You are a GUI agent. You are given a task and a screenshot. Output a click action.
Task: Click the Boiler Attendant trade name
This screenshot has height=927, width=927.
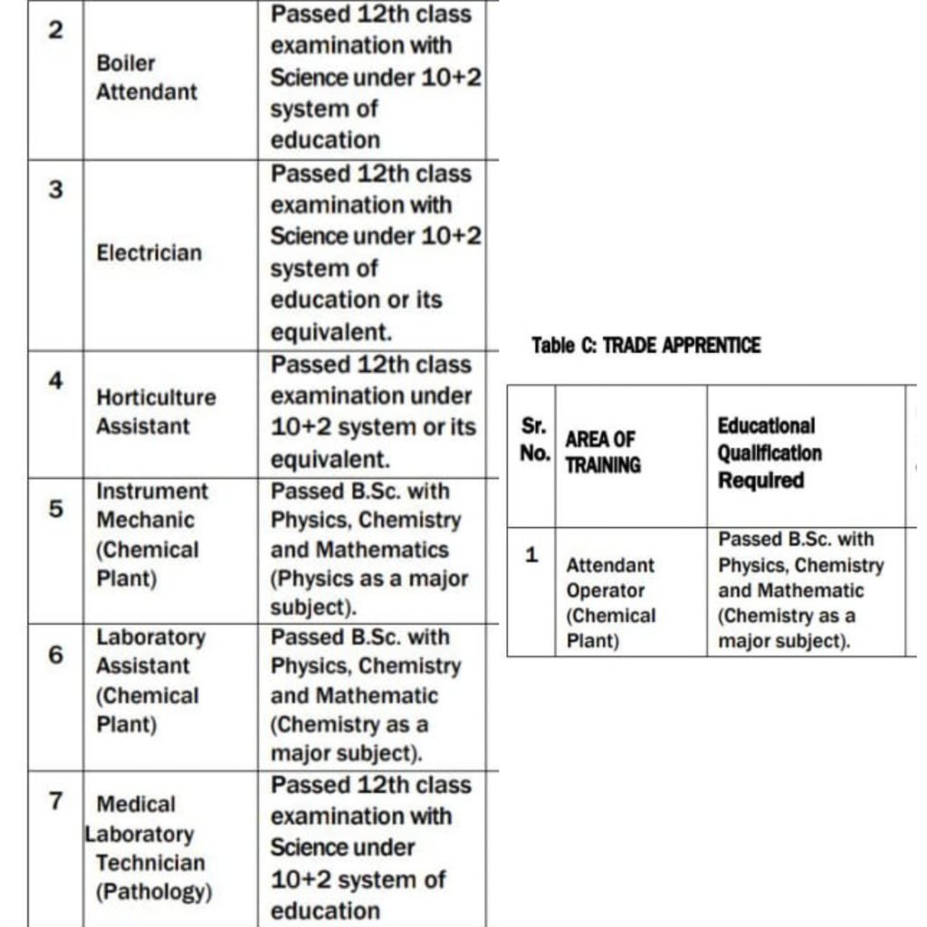[146, 78]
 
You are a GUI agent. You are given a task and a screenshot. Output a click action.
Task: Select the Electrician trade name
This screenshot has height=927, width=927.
[149, 253]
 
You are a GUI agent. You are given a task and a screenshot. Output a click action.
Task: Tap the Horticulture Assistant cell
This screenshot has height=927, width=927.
[156, 412]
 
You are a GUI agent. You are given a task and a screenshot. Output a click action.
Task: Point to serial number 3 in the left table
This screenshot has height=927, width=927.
[55, 191]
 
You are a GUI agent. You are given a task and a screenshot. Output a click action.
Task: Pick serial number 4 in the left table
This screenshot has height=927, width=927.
[55, 381]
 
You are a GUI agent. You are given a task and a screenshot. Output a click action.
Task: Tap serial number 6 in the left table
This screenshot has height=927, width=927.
[55, 655]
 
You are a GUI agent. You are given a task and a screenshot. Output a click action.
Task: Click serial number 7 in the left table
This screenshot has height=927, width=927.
[55, 801]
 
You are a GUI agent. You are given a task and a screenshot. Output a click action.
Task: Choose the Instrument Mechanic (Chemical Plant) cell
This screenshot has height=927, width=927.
[151, 535]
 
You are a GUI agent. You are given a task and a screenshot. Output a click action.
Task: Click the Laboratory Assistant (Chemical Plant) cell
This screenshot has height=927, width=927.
[151, 681]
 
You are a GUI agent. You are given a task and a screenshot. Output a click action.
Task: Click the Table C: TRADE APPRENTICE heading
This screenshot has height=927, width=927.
[645, 346]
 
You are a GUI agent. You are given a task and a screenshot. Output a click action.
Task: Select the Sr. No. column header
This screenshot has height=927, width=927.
[532, 439]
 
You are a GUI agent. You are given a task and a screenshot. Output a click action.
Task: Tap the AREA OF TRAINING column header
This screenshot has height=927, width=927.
[603, 452]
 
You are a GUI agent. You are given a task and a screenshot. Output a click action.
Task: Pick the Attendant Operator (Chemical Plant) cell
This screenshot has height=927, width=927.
[611, 603]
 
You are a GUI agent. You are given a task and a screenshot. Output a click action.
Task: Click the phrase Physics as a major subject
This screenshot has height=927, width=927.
[368, 591]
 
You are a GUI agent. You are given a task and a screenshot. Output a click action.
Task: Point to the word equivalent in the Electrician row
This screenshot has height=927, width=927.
[331, 332]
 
